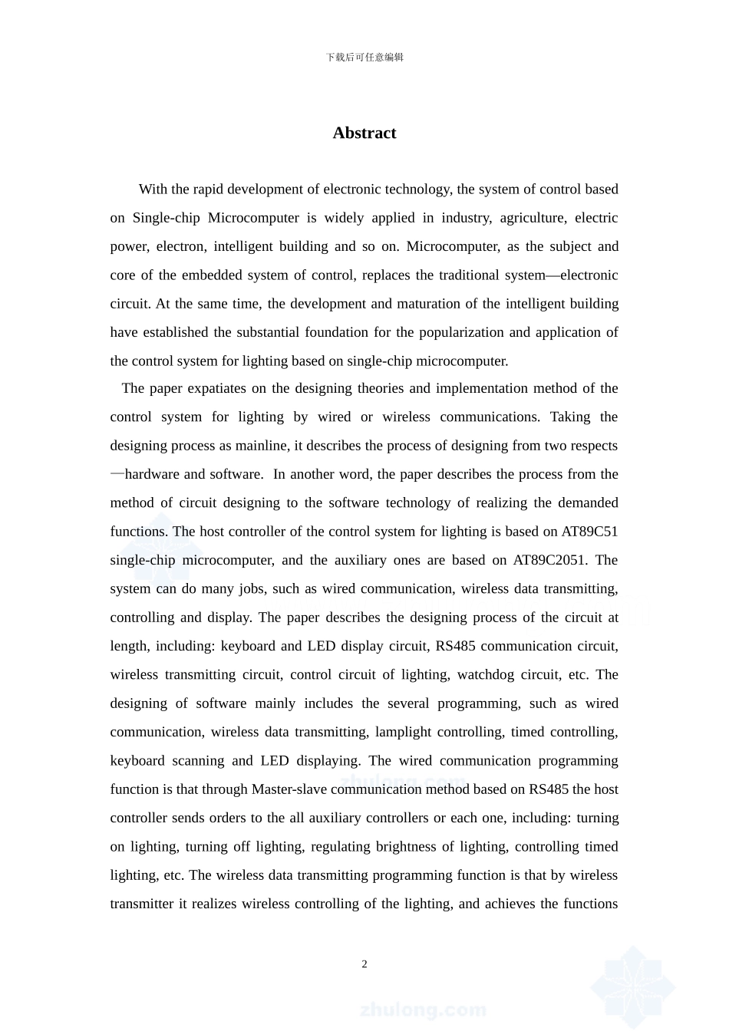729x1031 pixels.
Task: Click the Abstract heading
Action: point(364,133)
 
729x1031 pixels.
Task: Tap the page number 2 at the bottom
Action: point(364,964)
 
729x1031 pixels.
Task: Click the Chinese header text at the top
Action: point(364,57)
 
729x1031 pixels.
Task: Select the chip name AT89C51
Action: point(589,532)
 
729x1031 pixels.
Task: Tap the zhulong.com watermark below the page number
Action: point(422,1010)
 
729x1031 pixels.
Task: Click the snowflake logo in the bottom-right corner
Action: point(633,986)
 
